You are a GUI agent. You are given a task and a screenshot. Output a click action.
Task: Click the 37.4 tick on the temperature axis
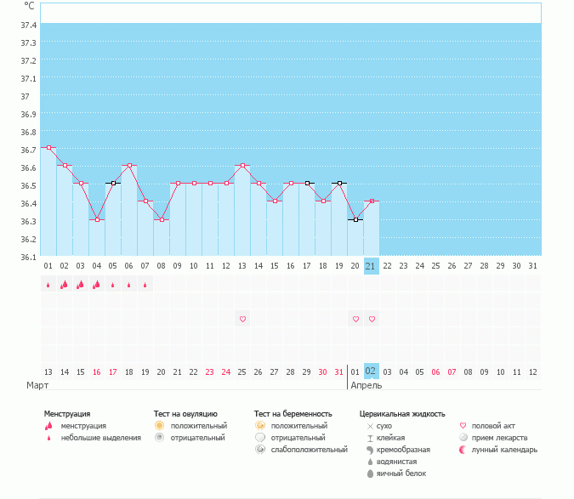[x=28, y=25]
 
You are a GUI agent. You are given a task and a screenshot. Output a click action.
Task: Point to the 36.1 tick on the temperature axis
[x=28, y=257]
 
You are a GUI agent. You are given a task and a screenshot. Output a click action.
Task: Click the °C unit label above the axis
[x=29, y=6]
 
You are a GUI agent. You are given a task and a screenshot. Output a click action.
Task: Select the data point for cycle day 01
[x=48, y=148]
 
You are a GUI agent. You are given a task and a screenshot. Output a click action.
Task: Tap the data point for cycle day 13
[x=242, y=166]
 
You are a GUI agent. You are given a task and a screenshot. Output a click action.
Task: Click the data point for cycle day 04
[x=97, y=219]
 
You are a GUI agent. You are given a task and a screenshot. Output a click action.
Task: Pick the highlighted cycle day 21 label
[x=371, y=266]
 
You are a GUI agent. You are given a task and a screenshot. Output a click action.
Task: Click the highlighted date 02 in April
[x=371, y=371]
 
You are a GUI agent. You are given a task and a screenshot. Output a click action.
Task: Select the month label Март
[x=37, y=385]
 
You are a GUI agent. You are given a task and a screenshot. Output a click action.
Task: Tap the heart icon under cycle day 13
[x=242, y=319]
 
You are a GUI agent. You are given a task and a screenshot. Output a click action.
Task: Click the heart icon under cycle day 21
[x=371, y=319]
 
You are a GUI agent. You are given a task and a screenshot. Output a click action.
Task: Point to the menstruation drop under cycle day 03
[x=81, y=285]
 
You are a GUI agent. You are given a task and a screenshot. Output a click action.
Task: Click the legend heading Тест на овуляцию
[x=185, y=413]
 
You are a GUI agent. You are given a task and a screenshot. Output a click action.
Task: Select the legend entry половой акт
[x=494, y=425]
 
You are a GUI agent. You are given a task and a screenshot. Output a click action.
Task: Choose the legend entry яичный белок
[x=401, y=473]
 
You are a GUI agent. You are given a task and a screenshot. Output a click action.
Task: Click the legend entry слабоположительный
[x=310, y=449]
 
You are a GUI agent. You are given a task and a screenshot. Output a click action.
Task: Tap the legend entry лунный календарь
[x=505, y=449]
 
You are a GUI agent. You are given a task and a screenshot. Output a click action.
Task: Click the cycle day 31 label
[x=532, y=266]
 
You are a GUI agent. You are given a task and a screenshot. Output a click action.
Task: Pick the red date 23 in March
[x=210, y=371]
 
